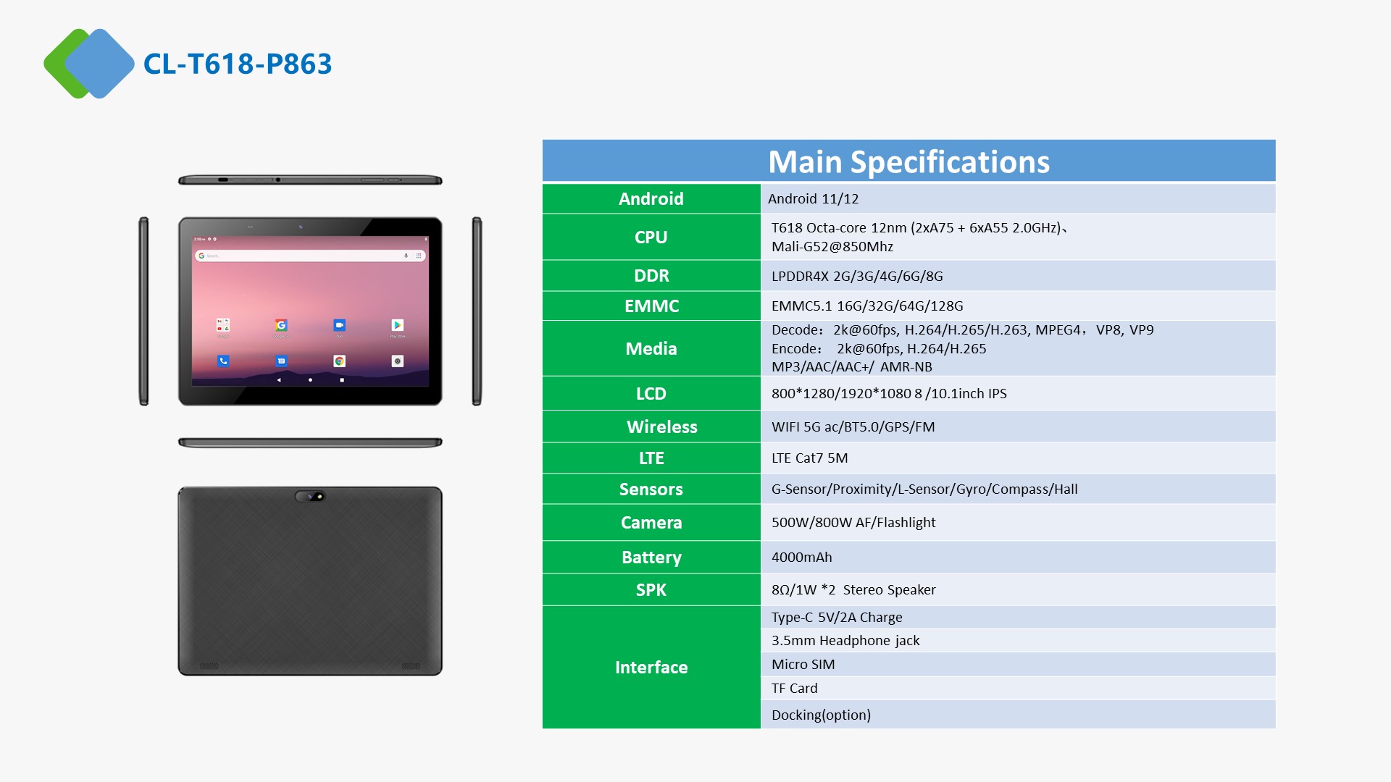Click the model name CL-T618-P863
pyautogui.click(x=238, y=64)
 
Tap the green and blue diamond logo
pyautogui.click(x=89, y=64)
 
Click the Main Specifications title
pyautogui.click(x=908, y=161)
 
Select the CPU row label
pyautogui.click(x=651, y=237)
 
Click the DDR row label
pyautogui.click(x=651, y=276)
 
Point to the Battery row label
pyautogui.click(x=651, y=558)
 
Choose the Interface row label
pyautogui.click(x=651, y=667)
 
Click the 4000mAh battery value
pyautogui.click(x=802, y=557)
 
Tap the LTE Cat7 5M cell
pyautogui.click(x=809, y=458)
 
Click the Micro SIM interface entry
pyautogui.click(x=803, y=664)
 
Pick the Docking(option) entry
pyautogui.click(x=821, y=715)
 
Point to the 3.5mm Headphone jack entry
pyautogui.click(x=845, y=640)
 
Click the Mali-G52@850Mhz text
pyautogui.click(x=832, y=246)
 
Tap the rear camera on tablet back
pyautogui.click(x=310, y=496)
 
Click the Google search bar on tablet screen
pyautogui.click(x=310, y=256)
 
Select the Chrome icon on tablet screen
pyautogui.click(x=339, y=361)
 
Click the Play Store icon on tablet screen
pyautogui.click(x=398, y=325)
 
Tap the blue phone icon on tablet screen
pyautogui.click(x=223, y=361)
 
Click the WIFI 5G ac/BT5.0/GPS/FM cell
pyautogui.click(x=853, y=426)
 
